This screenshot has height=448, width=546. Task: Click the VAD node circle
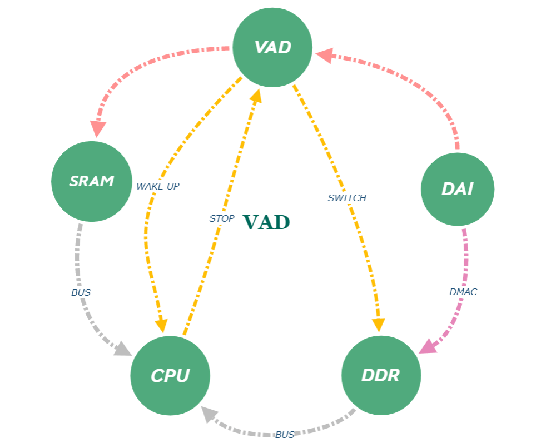click(272, 47)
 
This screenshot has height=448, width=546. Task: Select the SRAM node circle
click(92, 181)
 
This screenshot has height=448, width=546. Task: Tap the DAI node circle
click(458, 190)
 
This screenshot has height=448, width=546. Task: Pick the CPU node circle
click(170, 376)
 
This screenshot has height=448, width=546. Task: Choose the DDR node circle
click(381, 376)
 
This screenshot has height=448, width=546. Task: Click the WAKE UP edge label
click(158, 186)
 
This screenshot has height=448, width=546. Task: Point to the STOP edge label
click(222, 219)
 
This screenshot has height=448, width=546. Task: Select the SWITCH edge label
click(347, 198)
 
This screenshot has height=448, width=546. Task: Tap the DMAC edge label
click(463, 292)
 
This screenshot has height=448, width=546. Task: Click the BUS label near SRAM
click(81, 292)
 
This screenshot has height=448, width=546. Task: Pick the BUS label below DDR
click(285, 435)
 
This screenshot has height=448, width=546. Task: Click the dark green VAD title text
click(267, 222)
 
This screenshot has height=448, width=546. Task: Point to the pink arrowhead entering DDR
click(427, 347)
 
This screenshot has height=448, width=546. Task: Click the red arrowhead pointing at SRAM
click(98, 129)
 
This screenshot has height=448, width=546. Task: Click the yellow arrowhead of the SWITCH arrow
click(379, 325)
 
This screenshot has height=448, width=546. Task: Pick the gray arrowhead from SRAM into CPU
click(123, 349)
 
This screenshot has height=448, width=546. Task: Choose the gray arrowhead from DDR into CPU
click(209, 414)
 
